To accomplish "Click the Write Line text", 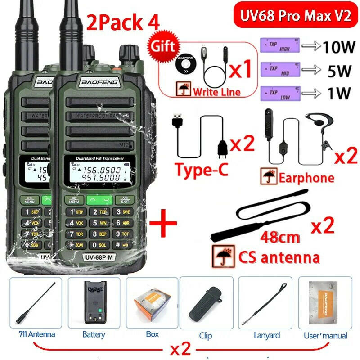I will (x=217, y=92).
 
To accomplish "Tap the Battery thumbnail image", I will (x=94, y=303).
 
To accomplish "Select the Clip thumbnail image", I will (x=206, y=303).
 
